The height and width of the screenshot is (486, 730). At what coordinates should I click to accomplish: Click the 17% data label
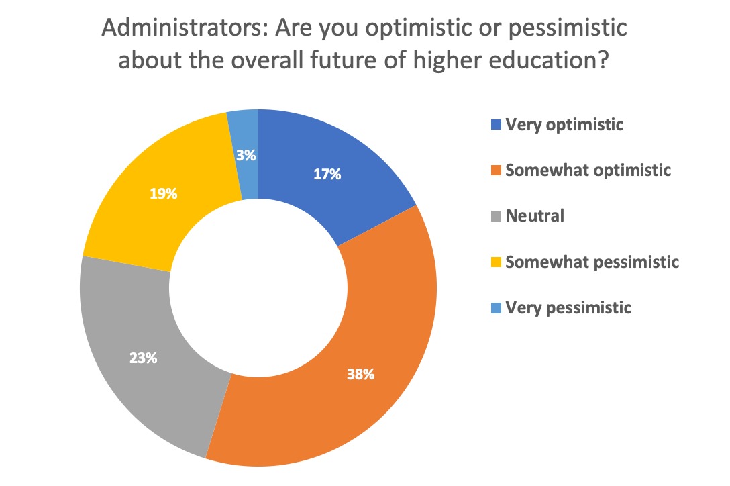(x=328, y=175)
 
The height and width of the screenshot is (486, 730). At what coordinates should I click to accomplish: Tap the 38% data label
(x=360, y=374)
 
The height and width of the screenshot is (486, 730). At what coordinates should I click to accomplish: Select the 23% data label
(x=144, y=358)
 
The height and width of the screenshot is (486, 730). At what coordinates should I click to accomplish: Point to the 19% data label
(x=163, y=194)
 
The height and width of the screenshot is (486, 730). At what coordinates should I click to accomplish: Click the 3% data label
(x=246, y=155)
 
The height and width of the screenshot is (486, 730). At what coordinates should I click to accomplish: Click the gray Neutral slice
(x=134, y=322)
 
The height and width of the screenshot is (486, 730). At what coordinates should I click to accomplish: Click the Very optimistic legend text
(x=565, y=124)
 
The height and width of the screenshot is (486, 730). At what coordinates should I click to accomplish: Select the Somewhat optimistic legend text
(x=588, y=171)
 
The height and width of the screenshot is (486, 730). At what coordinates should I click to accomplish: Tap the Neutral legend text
(x=535, y=216)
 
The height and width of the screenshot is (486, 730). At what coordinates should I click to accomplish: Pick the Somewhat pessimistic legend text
(x=592, y=262)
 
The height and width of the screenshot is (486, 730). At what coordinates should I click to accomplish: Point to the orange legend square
(x=496, y=171)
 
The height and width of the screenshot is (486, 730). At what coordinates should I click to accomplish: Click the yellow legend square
(x=496, y=262)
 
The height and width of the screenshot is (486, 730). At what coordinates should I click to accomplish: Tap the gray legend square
(x=496, y=217)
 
